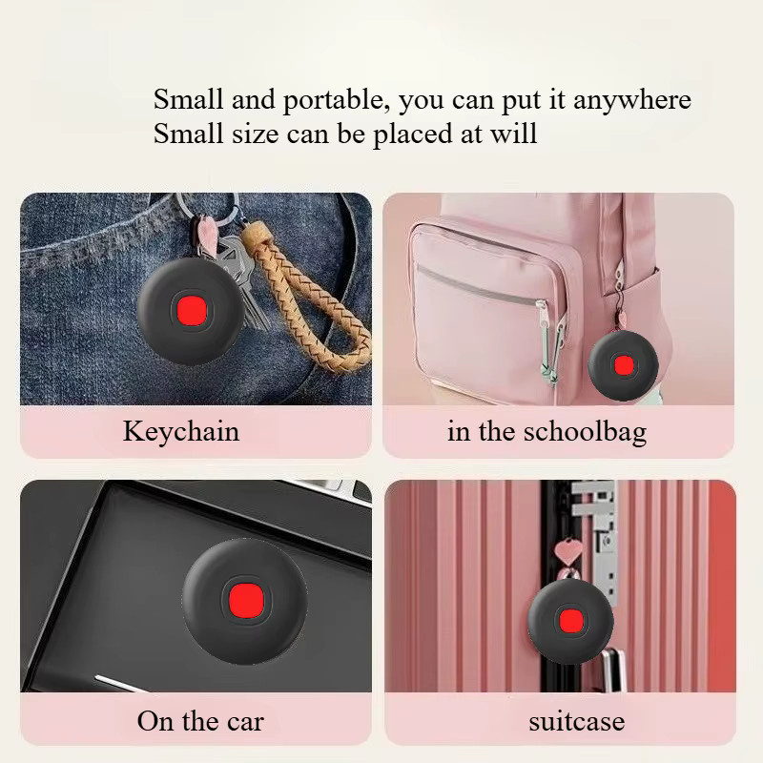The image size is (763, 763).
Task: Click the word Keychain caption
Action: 181,431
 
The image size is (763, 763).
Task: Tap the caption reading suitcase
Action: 577,721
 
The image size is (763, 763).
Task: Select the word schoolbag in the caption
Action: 585,431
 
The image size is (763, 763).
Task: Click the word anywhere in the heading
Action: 632,101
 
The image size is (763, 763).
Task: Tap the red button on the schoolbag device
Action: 624,365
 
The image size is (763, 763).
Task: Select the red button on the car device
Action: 246,598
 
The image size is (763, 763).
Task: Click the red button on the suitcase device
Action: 569,622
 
